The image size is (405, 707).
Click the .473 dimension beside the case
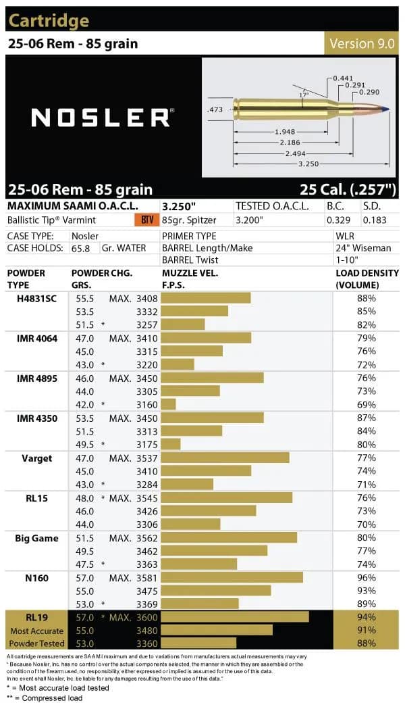(x=216, y=107)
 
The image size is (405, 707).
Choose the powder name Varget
(x=36, y=458)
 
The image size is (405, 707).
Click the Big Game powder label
(x=36, y=538)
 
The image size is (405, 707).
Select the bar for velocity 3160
(x=169, y=404)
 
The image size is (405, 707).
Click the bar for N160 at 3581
(x=232, y=578)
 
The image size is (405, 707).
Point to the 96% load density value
(x=367, y=578)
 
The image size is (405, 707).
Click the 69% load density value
(x=367, y=404)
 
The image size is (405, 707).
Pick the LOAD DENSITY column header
(x=367, y=279)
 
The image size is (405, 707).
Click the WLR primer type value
(x=345, y=236)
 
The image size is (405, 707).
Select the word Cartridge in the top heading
(x=49, y=21)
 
